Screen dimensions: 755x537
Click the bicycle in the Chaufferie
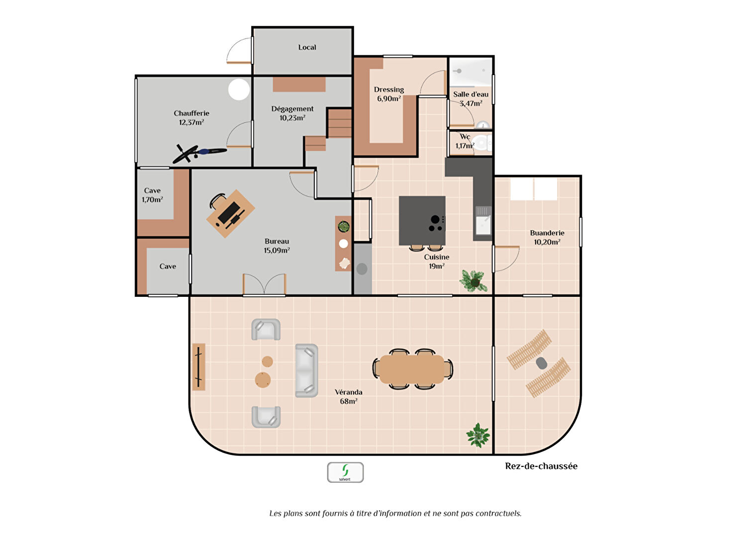point(199,154)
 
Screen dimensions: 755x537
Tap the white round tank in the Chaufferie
point(239,89)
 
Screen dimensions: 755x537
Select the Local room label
point(307,48)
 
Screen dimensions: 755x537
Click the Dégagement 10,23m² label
point(292,113)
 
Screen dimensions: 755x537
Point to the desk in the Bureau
point(231,214)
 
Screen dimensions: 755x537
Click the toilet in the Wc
point(481,143)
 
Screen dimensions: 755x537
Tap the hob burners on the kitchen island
point(436,224)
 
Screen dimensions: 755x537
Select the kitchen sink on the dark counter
point(483,221)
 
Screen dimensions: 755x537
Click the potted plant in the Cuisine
point(474,280)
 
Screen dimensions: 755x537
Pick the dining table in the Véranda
point(412,369)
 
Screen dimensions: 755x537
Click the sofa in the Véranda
point(307,370)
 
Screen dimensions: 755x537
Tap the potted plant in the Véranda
point(478,435)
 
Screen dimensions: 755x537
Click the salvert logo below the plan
point(345,472)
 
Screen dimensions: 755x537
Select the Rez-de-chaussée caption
point(541,466)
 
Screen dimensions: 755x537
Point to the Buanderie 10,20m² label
point(547,238)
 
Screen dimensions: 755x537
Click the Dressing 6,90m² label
point(389,94)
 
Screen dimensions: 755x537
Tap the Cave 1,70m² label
point(152,195)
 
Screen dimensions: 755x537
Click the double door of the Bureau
point(265,284)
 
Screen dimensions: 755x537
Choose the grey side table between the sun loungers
point(541,363)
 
